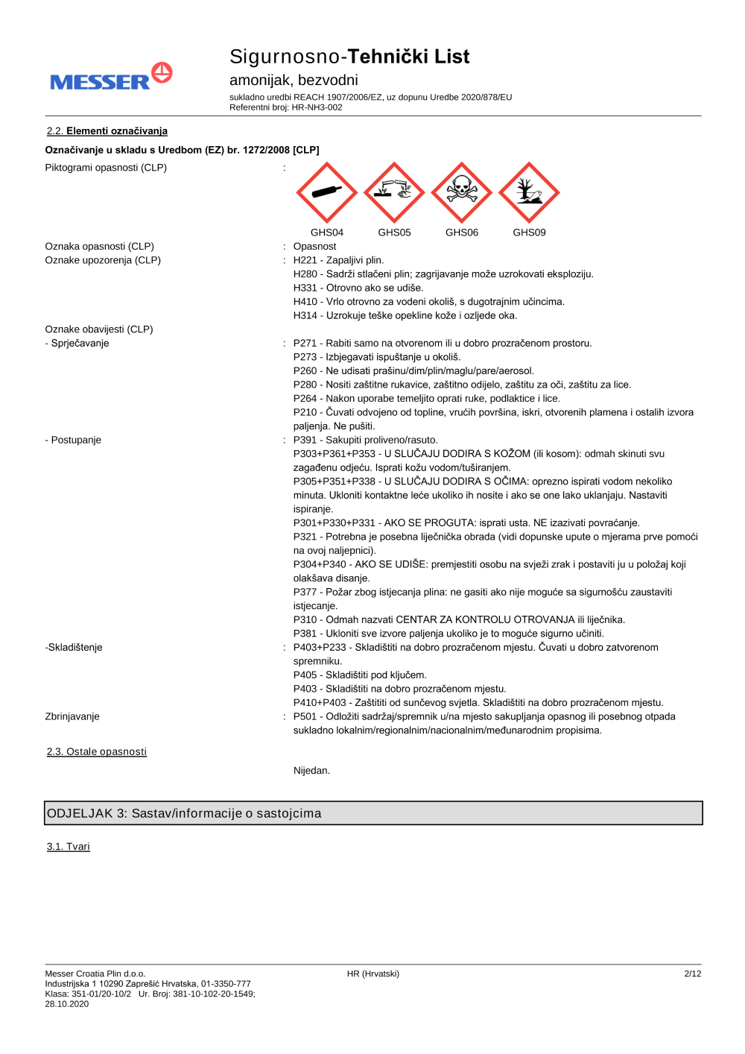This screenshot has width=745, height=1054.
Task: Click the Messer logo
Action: coord(111,78)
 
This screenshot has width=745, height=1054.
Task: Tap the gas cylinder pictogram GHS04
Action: coord(327,192)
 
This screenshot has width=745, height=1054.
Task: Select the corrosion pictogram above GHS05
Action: coord(394,192)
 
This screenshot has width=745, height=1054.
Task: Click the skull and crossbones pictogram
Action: coord(462,192)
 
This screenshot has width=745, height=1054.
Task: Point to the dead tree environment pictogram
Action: coord(529,192)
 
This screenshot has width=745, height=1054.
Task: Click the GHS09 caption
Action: coord(529,233)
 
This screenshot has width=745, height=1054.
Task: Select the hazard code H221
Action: coord(305,260)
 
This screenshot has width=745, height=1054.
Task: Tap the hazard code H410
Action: coord(305,302)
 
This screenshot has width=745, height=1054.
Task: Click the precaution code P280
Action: coord(305,385)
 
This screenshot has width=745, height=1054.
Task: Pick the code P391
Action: coord(305,440)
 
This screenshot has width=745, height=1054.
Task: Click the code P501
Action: coord(305,716)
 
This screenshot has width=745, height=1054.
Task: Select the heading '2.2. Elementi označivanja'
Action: coord(107,131)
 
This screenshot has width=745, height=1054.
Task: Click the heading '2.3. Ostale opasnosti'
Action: coord(97,751)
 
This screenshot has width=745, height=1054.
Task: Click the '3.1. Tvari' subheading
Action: coord(69,847)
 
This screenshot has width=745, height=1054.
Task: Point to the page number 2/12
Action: coord(692,973)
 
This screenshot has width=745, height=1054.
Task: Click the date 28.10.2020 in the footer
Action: coord(67,1004)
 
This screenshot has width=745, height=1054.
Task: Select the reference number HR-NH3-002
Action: coord(317,107)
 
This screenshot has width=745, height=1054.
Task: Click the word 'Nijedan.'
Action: coord(311,771)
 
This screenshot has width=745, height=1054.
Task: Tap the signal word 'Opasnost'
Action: coord(314,247)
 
